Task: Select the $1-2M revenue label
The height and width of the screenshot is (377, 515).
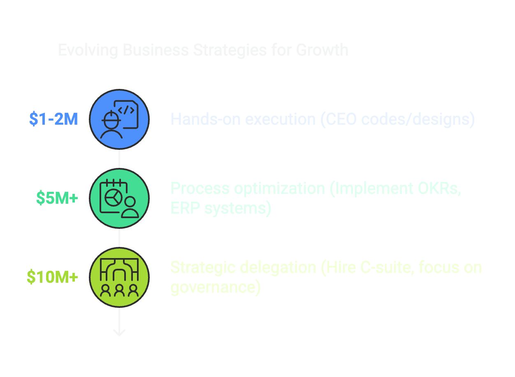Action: pos(53,119)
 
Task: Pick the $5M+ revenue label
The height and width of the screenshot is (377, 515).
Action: pos(57,198)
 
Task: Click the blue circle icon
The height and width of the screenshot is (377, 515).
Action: pos(119,119)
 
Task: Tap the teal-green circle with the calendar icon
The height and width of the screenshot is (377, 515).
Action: pos(119,198)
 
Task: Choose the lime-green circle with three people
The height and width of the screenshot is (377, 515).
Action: pos(119,277)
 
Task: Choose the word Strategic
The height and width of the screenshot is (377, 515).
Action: pos(202,268)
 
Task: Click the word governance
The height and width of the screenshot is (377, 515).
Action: pos(213,287)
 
